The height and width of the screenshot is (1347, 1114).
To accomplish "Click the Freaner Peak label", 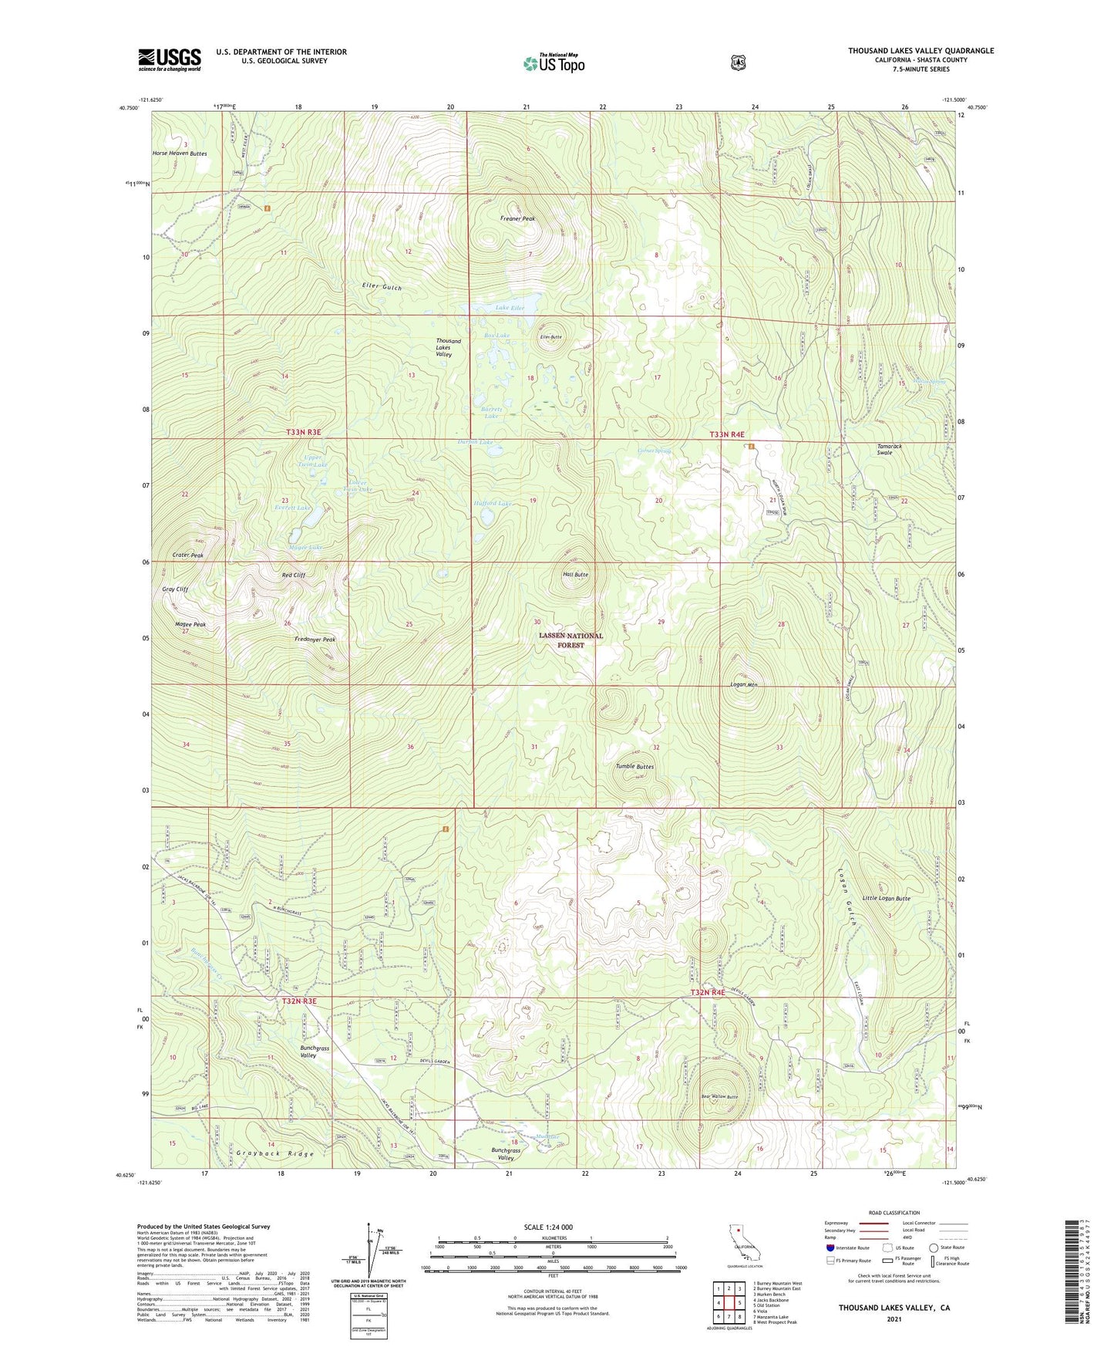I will coord(517,218).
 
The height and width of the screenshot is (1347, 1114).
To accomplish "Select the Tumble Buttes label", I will coord(634,766).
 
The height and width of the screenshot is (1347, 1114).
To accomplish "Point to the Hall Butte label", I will coord(575,575).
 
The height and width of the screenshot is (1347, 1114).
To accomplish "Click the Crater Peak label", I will coord(188,555).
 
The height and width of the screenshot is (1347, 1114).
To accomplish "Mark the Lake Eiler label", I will coord(510,308).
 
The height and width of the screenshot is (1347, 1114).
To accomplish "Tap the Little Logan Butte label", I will coord(887,899).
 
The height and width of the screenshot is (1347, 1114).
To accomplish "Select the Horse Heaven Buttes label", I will coord(180,154).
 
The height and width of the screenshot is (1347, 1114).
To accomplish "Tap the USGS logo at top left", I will coord(170,59).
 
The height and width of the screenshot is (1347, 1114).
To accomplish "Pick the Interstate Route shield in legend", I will coord(830,1247).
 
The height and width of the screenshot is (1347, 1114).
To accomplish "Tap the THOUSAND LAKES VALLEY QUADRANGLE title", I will coord(920,51).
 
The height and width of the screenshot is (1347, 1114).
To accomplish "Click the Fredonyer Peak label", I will coord(315,640).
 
